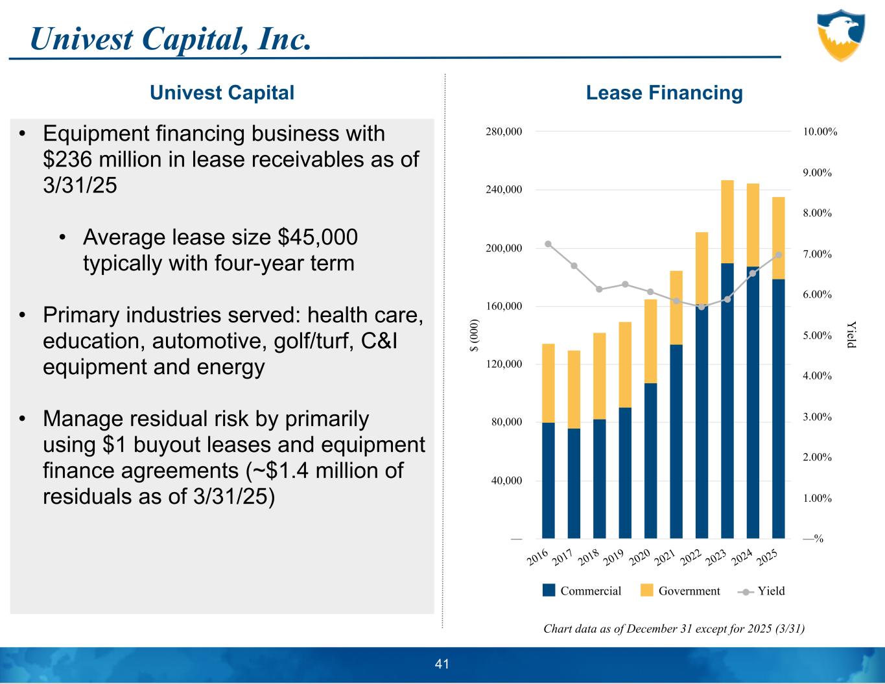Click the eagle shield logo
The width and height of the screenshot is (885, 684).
(x=841, y=35)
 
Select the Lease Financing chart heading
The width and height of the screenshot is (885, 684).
(x=664, y=93)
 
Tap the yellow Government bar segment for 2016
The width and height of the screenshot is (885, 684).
(x=549, y=383)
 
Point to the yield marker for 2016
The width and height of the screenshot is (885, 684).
(x=549, y=244)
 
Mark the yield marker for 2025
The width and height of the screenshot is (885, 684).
(x=779, y=255)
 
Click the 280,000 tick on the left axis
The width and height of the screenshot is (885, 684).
(x=504, y=132)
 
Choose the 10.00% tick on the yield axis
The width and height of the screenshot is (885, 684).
(x=820, y=132)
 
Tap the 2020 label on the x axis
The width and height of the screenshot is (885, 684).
(x=639, y=557)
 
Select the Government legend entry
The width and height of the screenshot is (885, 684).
(x=680, y=591)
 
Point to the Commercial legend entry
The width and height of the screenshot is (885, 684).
(x=582, y=591)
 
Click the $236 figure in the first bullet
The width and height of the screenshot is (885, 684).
(x=64, y=159)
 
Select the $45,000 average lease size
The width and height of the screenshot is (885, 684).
(x=318, y=237)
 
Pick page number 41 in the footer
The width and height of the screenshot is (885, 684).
(x=442, y=664)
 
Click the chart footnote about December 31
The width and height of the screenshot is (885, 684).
(x=674, y=628)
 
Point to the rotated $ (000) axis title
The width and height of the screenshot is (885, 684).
(x=475, y=335)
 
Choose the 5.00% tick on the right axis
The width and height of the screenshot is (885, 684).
(x=817, y=335)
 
